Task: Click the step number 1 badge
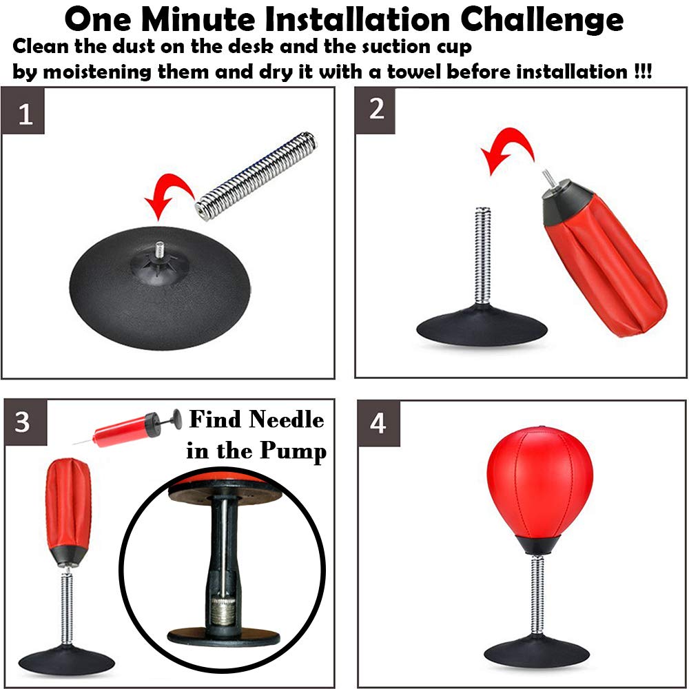[23, 111]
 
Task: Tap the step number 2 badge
[376, 111]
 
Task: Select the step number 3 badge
[25, 422]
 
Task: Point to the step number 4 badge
[379, 424]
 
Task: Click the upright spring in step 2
[483, 256]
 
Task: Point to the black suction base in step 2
[482, 326]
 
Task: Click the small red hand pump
[127, 429]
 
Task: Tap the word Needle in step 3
[287, 419]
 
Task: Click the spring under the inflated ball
[537, 595]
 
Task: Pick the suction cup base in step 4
[537, 651]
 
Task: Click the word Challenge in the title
[542, 20]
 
